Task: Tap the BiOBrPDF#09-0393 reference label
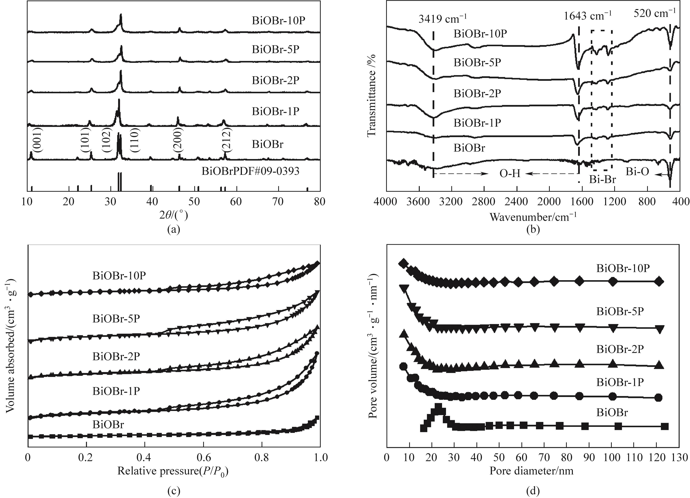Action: (250, 171)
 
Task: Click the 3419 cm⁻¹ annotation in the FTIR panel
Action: (442, 19)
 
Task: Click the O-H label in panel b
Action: (510, 173)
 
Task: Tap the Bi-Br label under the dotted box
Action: (602, 180)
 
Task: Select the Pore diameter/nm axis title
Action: (531, 471)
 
